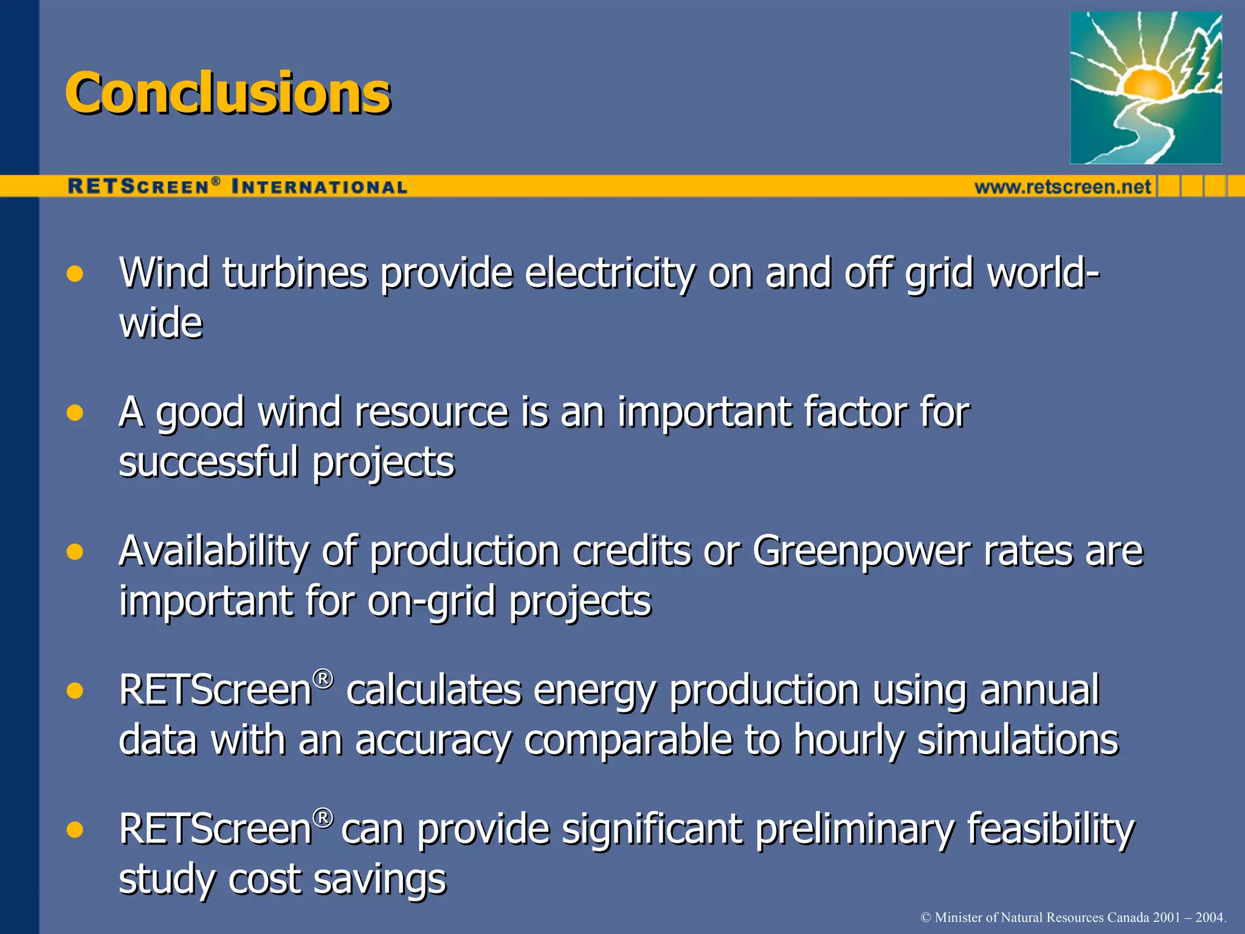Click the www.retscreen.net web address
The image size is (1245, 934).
coord(1063,187)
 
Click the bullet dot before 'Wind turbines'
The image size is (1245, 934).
coord(75,274)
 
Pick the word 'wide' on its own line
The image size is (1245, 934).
coord(160,323)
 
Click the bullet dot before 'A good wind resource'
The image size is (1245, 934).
coord(75,413)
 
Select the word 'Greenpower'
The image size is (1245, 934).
coord(861,552)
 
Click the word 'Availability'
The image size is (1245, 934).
coord(214,552)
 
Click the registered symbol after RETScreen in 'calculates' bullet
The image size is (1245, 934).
coord(323,679)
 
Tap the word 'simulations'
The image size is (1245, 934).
coord(1018,740)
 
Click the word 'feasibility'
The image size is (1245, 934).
coord(1050,829)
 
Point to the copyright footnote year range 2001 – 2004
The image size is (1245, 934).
coord(1188,917)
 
